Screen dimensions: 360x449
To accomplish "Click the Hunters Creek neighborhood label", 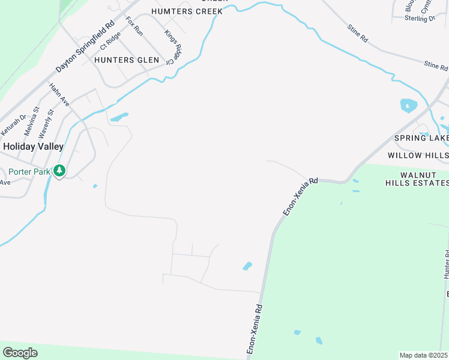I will coord(187,11).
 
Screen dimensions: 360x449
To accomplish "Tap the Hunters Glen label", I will coord(126,60).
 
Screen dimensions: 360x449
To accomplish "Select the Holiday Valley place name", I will coord(34,146).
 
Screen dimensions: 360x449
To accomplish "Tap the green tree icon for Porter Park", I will coord(59,171).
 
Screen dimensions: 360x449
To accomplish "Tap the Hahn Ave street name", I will coord(59,95).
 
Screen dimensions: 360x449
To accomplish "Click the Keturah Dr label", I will coord(13,124).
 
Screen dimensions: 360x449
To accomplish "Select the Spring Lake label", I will coord(421,138).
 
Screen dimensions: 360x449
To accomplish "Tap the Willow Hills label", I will coord(418,155).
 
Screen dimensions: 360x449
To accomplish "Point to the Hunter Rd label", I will coord(446,264).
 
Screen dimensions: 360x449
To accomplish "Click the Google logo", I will coord(20,352).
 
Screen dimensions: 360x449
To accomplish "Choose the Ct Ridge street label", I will coord(110,40).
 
